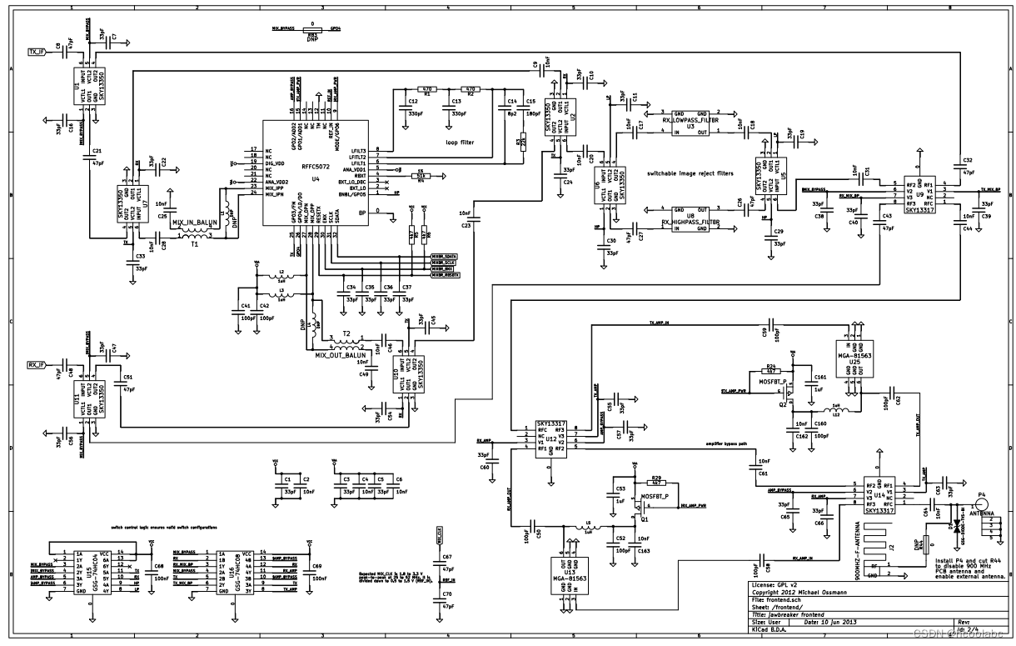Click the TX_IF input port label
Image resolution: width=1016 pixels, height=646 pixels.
tap(36, 50)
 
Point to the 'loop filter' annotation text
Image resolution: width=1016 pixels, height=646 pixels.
tap(459, 143)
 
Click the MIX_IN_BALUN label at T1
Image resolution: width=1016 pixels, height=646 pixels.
tap(194, 223)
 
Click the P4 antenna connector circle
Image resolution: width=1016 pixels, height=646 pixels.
tap(981, 505)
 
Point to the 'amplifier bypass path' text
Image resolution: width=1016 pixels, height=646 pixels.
tap(732, 443)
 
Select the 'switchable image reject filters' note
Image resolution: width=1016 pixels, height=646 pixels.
tap(690, 173)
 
